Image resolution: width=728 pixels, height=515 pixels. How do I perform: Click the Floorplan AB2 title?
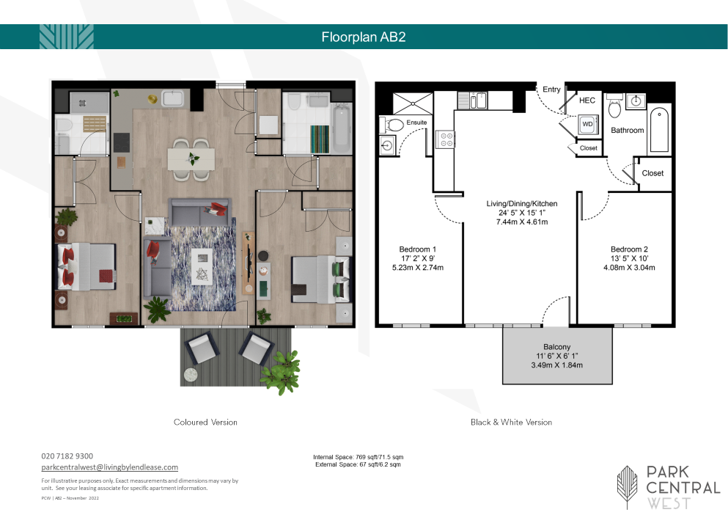pyautogui.click(x=364, y=37)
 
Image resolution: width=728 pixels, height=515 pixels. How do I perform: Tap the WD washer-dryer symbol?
pyautogui.click(x=587, y=124)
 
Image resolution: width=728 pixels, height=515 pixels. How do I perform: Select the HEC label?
pyautogui.click(x=587, y=101)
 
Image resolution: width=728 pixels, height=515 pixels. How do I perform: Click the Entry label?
pyautogui.click(x=551, y=90)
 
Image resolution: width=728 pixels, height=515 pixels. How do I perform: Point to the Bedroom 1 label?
pyautogui.click(x=417, y=249)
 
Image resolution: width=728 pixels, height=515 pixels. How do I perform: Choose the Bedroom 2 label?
pyautogui.click(x=629, y=249)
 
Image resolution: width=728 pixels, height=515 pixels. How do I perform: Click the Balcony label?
pyautogui.click(x=556, y=347)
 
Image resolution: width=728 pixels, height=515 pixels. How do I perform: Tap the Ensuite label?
pyautogui.click(x=416, y=123)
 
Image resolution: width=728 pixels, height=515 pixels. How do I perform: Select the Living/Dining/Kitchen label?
pyautogui.click(x=522, y=204)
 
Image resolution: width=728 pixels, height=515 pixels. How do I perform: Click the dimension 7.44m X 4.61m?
pyautogui.click(x=522, y=222)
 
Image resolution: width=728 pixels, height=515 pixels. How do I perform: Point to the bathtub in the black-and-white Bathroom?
pyautogui.click(x=659, y=130)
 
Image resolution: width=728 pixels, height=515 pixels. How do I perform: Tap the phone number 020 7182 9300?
pyautogui.click(x=67, y=456)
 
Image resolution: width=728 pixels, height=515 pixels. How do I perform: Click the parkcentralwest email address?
pyautogui.click(x=109, y=467)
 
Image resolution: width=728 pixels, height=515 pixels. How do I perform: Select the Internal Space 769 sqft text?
pyautogui.click(x=358, y=457)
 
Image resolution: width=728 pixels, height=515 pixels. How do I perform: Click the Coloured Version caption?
pyautogui.click(x=205, y=423)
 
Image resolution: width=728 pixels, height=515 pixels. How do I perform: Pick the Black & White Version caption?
pyautogui.click(x=511, y=423)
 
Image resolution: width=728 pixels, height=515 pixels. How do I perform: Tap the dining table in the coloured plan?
pyautogui.click(x=191, y=159)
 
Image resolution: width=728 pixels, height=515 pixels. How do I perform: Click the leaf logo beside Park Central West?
pyautogui.click(x=628, y=486)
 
